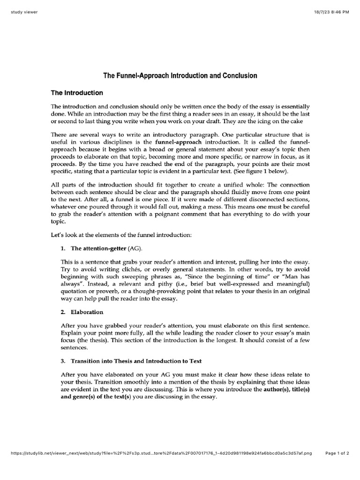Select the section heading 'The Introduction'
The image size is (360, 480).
pyautogui.click(x=77, y=93)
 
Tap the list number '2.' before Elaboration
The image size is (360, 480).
pyautogui.click(x=64, y=312)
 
